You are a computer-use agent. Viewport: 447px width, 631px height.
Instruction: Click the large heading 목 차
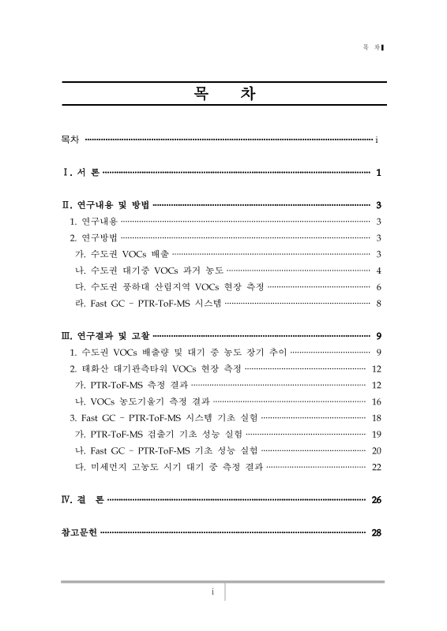(223, 97)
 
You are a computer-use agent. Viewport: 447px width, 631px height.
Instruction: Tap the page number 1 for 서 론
(380, 173)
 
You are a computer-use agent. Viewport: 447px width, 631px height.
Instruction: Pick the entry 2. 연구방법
(93, 237)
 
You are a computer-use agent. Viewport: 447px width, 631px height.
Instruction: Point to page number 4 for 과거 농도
(380, 271)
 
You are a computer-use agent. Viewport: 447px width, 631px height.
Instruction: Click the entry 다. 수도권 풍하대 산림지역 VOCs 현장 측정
(168, 286)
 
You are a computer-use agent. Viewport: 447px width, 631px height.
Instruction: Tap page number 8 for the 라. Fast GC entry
(380, 303)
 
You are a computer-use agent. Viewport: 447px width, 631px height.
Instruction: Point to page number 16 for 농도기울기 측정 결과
(377, 401)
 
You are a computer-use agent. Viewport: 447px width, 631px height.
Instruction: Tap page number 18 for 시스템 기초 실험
(377, 417)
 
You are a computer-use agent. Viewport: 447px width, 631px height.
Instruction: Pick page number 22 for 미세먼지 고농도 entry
(377, 467)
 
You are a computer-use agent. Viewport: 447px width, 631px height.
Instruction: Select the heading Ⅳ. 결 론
(82, 500)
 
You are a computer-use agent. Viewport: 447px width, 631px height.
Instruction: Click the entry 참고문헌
(80, 532)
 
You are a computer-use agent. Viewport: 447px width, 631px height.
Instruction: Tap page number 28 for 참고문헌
(377, 532)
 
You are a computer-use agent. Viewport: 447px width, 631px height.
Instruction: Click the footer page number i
(212, 592)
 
